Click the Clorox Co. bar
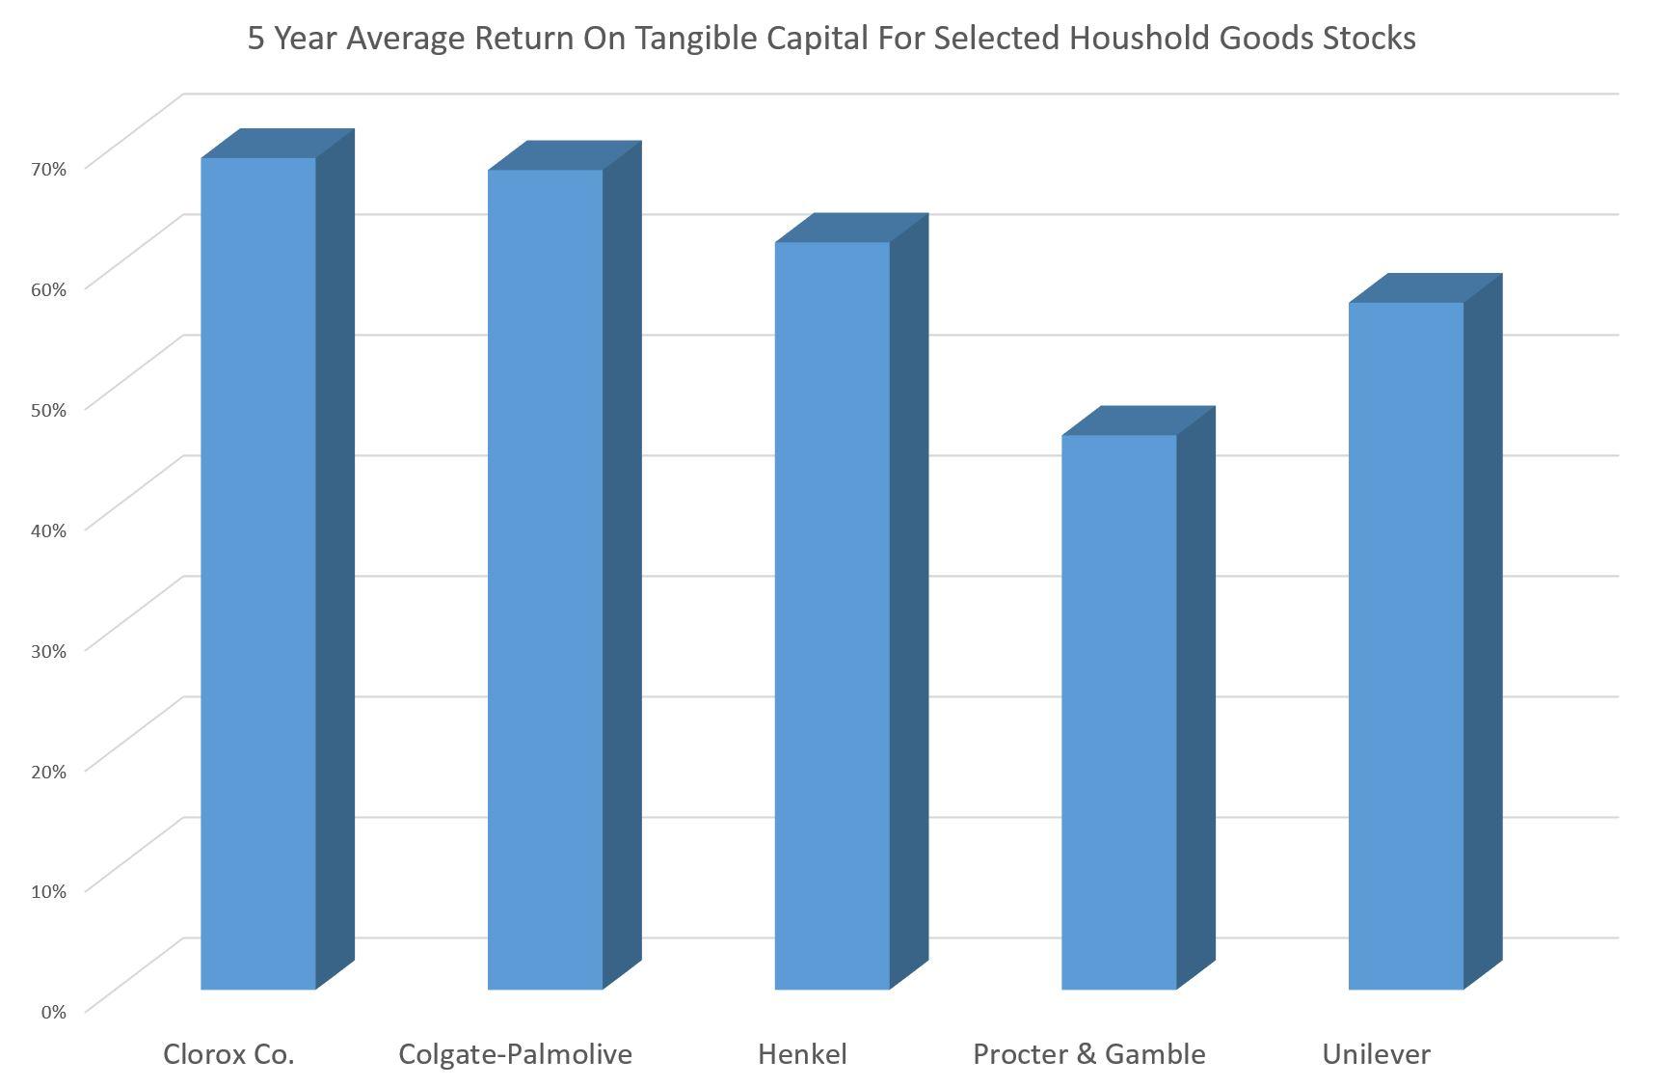coord(258,573)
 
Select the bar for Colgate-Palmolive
coord(545,579)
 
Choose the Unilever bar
coord(1406,645)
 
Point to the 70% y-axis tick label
coord(48,169)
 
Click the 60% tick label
coord(48,289)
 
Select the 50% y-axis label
coord(48,409)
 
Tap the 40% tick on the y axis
coord(48,530)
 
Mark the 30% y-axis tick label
coord(48,650)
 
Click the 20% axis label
coord(48,771)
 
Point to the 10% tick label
coord(48,890)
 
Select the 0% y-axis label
coord(53,1011)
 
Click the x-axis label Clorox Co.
coord(228,1054)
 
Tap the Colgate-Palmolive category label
coord(515,1054)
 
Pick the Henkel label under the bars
coord(802,1054)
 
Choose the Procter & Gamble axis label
coord(1088,1054)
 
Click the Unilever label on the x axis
coord(1376,1054)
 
